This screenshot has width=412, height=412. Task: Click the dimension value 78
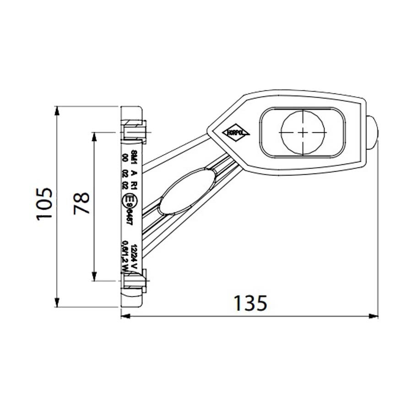(x=82, y=204)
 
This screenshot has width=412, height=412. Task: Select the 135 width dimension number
(x=250, y=303)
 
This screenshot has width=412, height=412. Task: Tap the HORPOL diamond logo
(x=236, y=132)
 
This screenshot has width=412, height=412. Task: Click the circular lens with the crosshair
(x=303, y=132)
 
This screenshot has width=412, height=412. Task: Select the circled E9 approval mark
(x=130, y=201)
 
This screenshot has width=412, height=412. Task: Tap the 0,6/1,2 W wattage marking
(x=125, y=257)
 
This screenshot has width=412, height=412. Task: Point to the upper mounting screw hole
(x=134, y=130)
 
